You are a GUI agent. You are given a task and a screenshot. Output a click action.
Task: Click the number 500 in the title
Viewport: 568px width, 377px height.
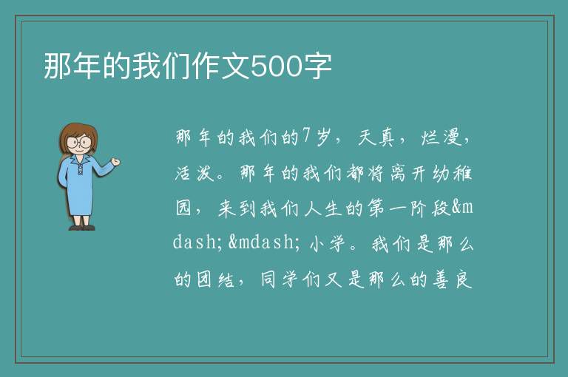pyautogui.click(x=277, y=67)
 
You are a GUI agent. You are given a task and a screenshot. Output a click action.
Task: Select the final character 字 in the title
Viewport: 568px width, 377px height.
pyautogui.click(x=317, y=67)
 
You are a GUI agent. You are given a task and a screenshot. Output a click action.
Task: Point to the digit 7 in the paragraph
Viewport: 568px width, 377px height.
pyautogui.click(x=307, y=136)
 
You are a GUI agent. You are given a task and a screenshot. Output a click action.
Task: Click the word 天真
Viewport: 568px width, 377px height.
pyautogui.click(x=376, y=137)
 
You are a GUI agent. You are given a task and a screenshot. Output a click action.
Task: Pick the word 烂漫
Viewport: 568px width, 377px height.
pyautogui.click(x=441, y=137)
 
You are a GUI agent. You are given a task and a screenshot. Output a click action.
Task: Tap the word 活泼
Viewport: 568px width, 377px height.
pyautogui.click(x=195, y=173)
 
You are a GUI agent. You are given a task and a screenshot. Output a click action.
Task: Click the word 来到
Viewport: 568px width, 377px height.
pyautogui.click(x=237, y=208)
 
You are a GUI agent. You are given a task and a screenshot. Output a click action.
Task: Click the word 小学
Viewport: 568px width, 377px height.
pyautogui.click(x=327, y=244)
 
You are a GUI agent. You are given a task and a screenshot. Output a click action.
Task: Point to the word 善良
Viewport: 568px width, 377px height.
pyautogui.click(x=453, y=279)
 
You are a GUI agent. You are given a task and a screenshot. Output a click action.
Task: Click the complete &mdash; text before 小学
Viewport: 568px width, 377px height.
pyautogui.click(x=265, y=242)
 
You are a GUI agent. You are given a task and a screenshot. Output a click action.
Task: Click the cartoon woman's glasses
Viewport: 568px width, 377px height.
pyautogui.click(x=78, y=141)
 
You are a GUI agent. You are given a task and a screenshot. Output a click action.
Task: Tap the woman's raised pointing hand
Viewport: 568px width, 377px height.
pyautogui.click(x=115, y=162)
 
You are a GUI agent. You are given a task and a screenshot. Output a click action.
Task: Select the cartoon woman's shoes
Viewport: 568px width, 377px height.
pyautogui.click(x=82, y=228)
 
